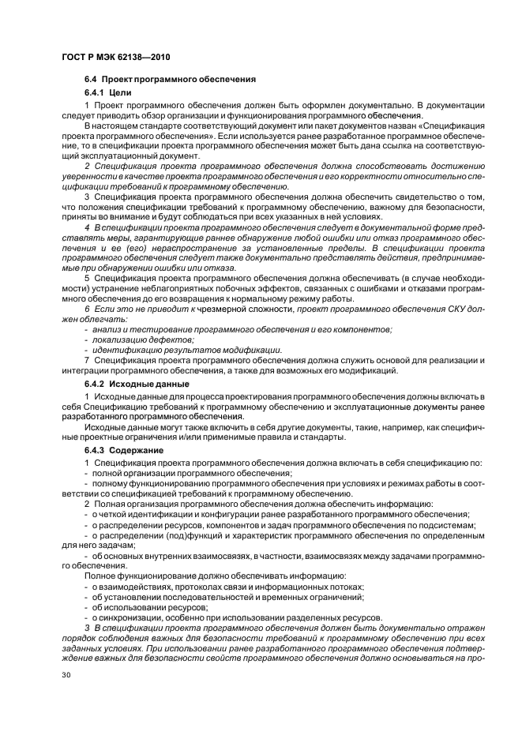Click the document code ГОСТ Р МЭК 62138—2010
point(115,57)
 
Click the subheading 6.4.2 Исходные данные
point(131,384)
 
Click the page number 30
point(66,676)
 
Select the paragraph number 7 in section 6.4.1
point(86,361)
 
